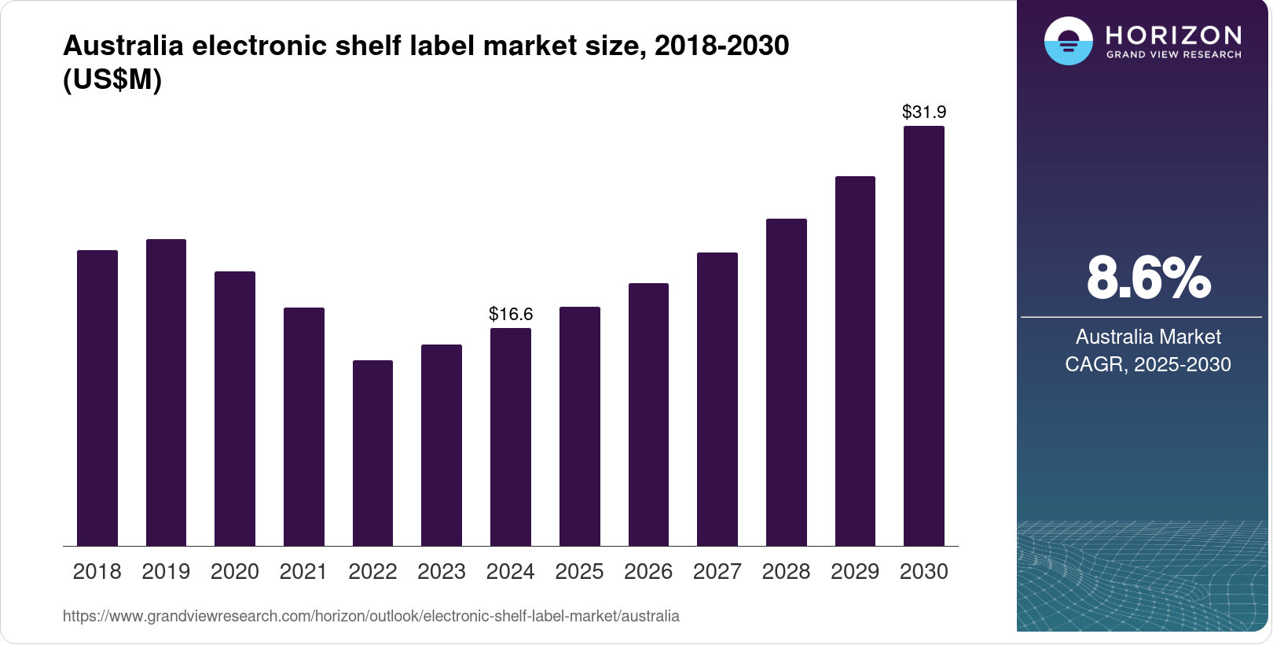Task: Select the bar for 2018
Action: [x=97, y=398]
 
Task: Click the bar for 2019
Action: [x=166, y=393]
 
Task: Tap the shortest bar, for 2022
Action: [x=372, y=453]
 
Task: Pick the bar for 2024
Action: [x=511, y=437]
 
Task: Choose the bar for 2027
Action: [x=717, y=399]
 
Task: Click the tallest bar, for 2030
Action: [x=924, y=336]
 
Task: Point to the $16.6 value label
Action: [x=511, y=314]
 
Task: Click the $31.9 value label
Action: [x=924, y=112]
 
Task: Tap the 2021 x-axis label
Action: [x=303, y=572]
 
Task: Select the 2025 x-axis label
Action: [x=579, y=572]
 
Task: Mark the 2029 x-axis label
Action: [x=855, y=572]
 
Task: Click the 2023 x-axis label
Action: [x=442, y=572]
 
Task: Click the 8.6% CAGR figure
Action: [x=1148, y=278]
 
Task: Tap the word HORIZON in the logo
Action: [x=1173, y=35]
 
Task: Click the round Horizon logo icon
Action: [x=1068, y=41]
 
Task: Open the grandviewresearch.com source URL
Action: [x=371, y=616]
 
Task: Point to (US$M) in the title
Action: [x=112, y=80]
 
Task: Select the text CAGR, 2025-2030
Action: [x=1148, y=364]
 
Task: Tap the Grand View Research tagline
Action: [x=1173, y=55]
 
